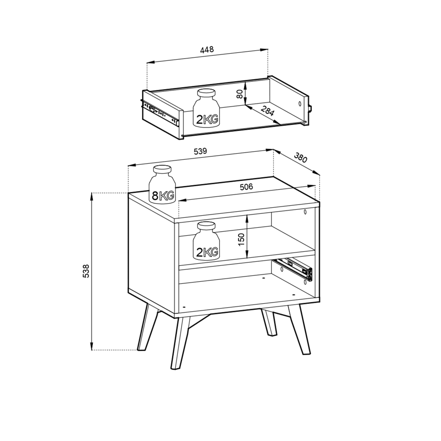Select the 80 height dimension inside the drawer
[x=239, y=94]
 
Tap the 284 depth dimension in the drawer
[x=267, y=111]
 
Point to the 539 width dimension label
[x=200, y=151]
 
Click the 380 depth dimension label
[x=300, y=158]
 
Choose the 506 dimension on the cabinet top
[x=246, y=187]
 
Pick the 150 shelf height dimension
[x=241, y=239]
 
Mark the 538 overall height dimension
[x=85, y=271]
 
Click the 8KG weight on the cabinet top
[x=162, y=184]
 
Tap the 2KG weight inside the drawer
[x=206, y=108]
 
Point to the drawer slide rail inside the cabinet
[x=294, y=269]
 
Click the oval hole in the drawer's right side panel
[x=300, y=104]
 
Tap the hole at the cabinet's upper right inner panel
[x=305, y=212]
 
